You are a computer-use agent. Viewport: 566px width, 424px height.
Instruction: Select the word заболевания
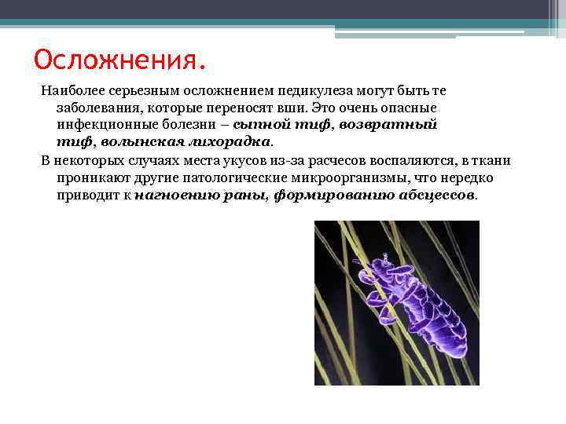94,108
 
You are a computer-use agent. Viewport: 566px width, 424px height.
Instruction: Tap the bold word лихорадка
232,142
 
